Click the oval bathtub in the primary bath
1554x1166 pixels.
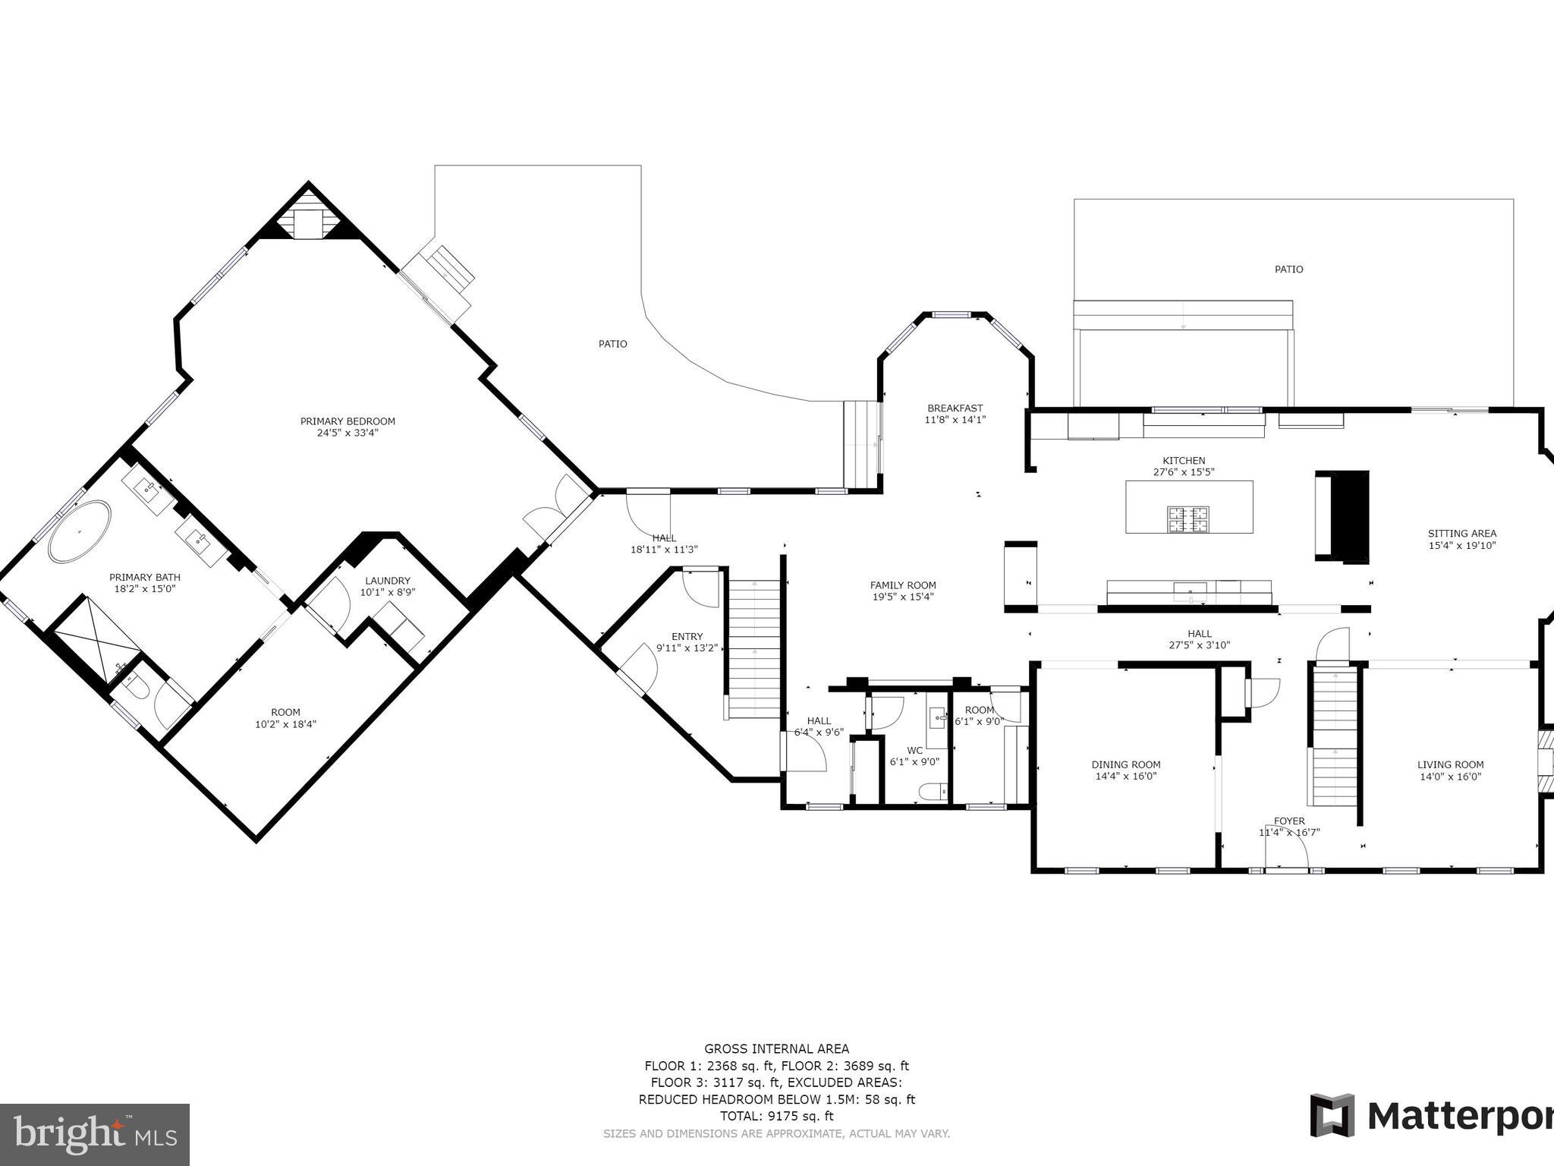(80, 531)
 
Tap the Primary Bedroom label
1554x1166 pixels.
(348, 421)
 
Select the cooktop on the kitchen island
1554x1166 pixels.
(1188, 519)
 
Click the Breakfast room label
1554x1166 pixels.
(955, 408)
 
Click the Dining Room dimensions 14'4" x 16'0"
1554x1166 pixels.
(1126, 777)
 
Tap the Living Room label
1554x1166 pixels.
(1450, 764)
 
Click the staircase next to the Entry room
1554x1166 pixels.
(753, 649)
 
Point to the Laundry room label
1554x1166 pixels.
(387, 581)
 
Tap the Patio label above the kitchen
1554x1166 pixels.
(1288, 269)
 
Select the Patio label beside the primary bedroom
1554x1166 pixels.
(612, 344)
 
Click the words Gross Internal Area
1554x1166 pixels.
(776, 1049)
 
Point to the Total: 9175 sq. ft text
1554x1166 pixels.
(776, 1116)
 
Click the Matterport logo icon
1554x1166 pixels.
(1332, 1115)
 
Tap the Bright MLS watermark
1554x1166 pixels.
(95, 1135)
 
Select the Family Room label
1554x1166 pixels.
(903, 585)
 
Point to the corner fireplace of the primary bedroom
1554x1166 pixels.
(307, 218)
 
